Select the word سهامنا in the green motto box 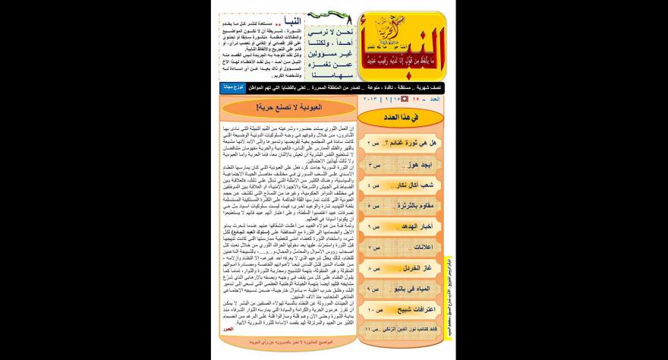(x=331, y=68)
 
